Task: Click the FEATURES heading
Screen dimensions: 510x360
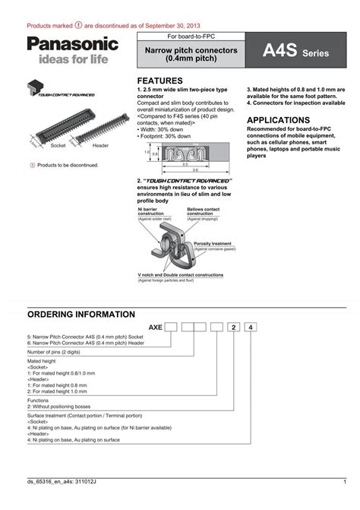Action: (x=159, y=81)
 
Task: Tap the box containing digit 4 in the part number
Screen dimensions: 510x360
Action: (x=251, y=328)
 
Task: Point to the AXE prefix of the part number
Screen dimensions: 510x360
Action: (x=154, y=328)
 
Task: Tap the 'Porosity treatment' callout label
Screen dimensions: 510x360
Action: (x=213, y=244)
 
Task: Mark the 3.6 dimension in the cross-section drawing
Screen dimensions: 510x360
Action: (x=195, y=169)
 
